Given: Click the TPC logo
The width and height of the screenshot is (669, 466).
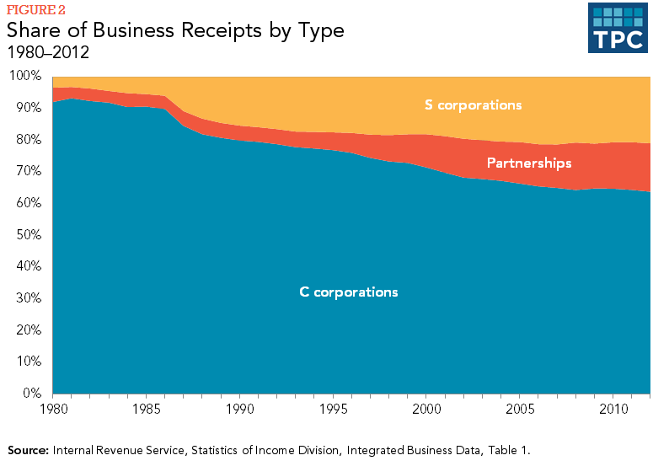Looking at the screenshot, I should (618, 28).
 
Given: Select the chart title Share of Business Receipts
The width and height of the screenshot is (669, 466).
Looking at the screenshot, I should (176, 31).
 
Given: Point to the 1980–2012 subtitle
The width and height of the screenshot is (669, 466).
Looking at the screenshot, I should (48, 52).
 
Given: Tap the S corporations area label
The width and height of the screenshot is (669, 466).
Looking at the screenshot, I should (474, 105).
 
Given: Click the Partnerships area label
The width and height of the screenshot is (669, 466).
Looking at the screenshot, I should (529, 163).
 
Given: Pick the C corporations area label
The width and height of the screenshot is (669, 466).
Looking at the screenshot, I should (349, 292).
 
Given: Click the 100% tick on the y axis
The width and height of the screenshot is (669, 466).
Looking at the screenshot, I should (24, 76).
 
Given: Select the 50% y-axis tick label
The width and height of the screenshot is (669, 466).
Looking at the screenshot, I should (27, 234).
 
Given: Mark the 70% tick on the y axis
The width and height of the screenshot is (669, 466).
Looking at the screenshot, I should (27, 171).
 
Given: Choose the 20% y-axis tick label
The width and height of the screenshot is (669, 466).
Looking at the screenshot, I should (27, 329).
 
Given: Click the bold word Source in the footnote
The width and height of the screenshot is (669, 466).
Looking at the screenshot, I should (29, 450).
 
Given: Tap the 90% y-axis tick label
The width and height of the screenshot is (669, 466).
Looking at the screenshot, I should (27, 108).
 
